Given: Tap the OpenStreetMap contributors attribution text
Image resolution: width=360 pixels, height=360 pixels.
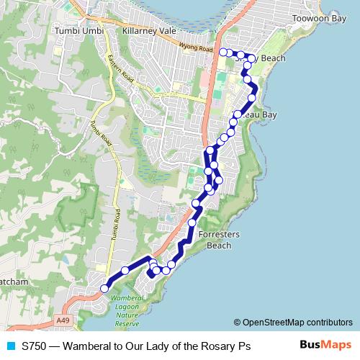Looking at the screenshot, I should click(x=297, y=323).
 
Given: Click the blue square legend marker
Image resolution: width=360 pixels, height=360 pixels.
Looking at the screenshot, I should click(x=9, y=346).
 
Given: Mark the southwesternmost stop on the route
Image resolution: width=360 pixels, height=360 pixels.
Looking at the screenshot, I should click(x=104, y=288).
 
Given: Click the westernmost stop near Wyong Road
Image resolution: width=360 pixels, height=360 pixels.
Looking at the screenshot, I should click(x=222, y=52).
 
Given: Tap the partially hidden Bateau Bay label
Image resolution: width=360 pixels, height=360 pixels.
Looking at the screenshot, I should click(x=259, y=114).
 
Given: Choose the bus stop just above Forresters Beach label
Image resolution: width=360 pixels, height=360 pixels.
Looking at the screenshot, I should click(x=192, y=223).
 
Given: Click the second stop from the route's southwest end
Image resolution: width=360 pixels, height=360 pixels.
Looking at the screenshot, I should click(x=125, y=270).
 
